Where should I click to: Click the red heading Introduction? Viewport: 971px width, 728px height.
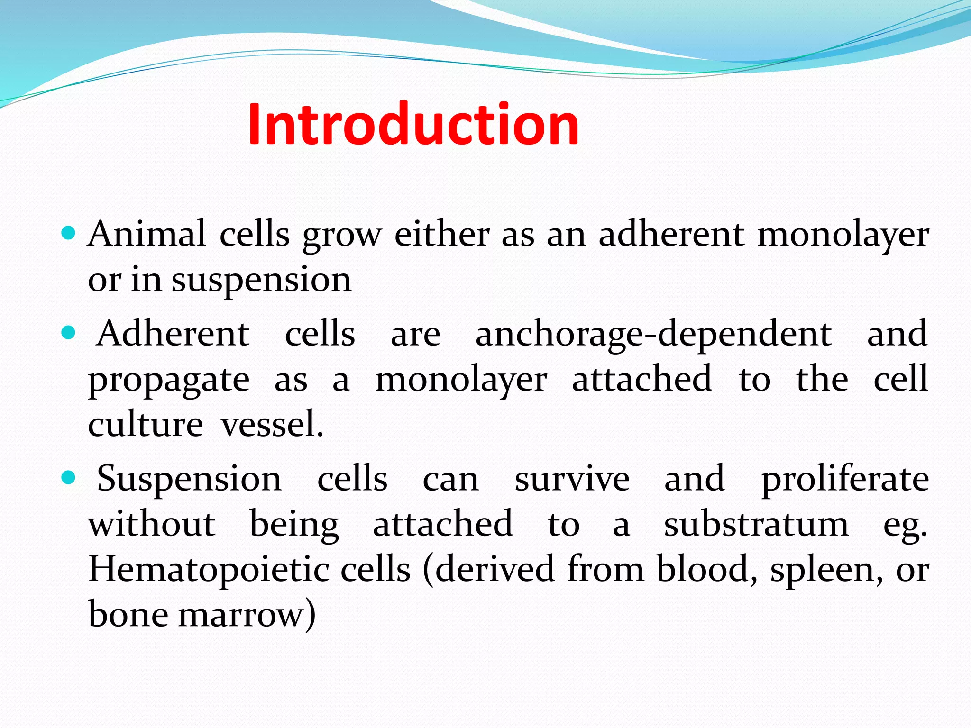pos(412,124)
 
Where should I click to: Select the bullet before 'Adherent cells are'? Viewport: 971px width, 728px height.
pos(69,333)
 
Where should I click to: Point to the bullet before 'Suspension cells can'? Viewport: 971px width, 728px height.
pos(69,478)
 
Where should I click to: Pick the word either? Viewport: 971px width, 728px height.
pos(442,234)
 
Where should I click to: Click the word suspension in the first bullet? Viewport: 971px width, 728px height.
pos(261,281)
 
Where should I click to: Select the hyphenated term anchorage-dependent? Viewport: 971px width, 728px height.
pos(653,335)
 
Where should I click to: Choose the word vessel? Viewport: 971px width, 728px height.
pos(272,424)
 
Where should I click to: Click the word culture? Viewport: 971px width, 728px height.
pos(145,424)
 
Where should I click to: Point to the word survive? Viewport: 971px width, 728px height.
pos(572,479)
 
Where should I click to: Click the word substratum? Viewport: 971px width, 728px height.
pos(756,525)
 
